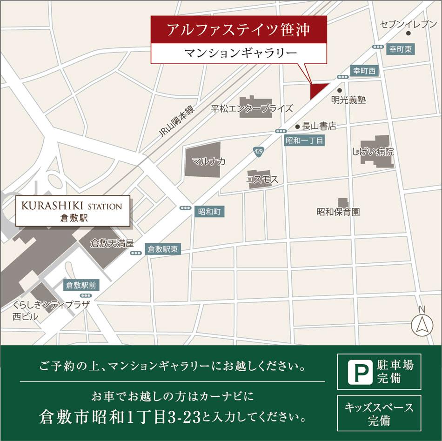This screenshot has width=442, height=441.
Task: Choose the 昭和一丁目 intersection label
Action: [305, 140]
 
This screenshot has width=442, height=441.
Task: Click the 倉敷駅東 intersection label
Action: [162, 249]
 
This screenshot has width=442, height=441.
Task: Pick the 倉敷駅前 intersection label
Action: [81, 285]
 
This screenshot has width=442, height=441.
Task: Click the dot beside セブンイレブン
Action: [409, 33]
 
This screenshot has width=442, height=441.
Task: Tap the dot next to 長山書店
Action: [297, 126]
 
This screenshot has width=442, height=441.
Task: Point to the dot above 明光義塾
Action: [340, 90]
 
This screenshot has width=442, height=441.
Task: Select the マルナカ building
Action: [203, 161]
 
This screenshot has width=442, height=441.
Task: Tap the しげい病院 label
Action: [373, 152]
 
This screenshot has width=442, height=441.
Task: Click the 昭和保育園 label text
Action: [338, 212]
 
